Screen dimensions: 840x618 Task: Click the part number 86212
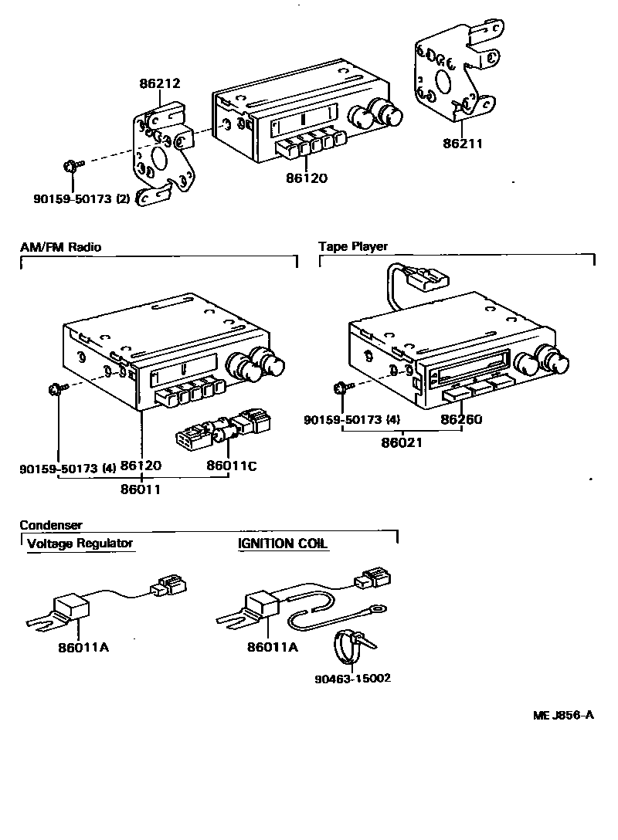[161, 83]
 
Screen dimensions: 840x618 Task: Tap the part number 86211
[463, 143]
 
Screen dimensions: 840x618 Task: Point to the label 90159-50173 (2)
[70, 198]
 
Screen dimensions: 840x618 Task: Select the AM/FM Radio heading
[60, 248]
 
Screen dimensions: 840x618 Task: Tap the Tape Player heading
[353, 247]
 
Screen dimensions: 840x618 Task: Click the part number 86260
[461, 420]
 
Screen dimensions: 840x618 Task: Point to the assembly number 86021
[401, 444]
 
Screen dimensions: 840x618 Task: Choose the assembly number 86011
[141, 488]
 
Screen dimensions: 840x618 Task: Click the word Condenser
[51, 525]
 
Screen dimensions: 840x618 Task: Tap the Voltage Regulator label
[80, 543]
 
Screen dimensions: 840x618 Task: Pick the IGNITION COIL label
[283, 544]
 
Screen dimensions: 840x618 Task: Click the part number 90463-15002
[352, 679]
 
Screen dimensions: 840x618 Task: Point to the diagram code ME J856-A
[563, 715]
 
